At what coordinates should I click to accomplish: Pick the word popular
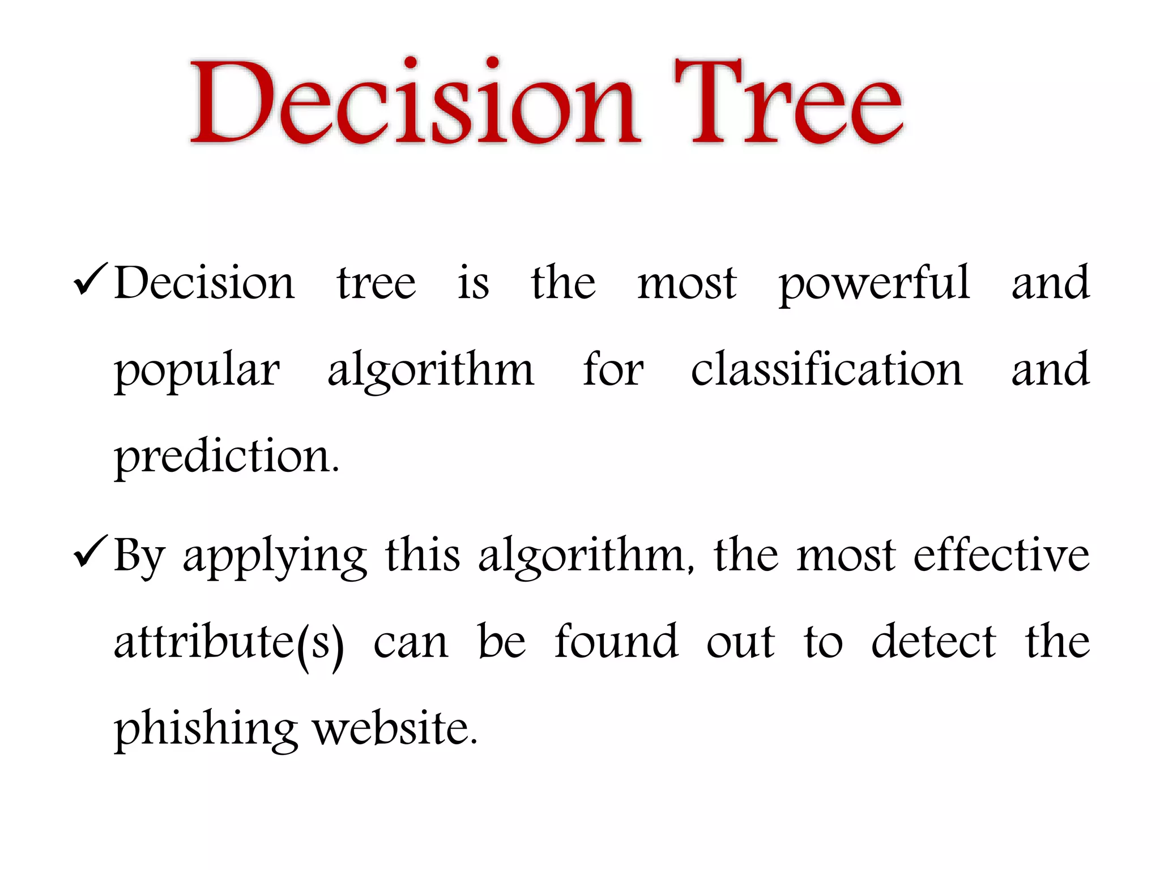pos(197,371)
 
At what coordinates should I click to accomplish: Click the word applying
pos(275,558)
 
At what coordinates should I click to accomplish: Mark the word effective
pos(1001,555)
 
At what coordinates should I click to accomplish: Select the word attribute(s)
pos(229,643)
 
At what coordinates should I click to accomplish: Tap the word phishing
pos(206,731)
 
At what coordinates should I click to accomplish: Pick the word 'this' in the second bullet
pos(423,555)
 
